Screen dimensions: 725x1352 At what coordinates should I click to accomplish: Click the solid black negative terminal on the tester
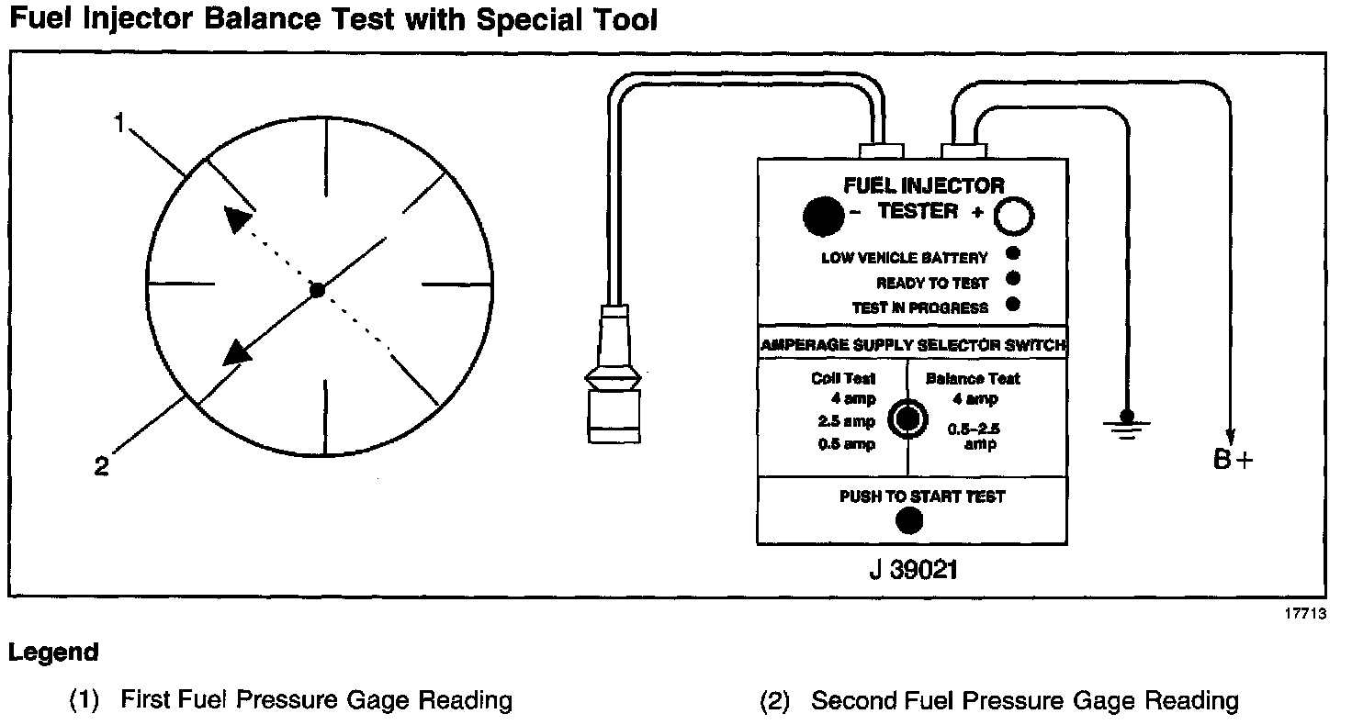pyautogui.click(x=822, y=216)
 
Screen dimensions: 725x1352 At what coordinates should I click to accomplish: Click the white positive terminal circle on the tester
pyautogui.click(x=1016, y=217)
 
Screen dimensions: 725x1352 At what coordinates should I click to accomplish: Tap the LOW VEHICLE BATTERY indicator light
pyautogui.click(x=1012, y=254)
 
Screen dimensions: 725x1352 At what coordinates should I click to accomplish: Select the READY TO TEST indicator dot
pyautogui.click(x=1012, y=279)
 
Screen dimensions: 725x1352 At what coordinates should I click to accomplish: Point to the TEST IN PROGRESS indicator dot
pyautogui.click(x=1012, y=305)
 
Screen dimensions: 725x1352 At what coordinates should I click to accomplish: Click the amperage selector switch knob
pyautogui.click(x=907, y=418)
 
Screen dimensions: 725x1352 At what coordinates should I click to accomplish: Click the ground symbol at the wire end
pyautogui.click(x=1127, y=424)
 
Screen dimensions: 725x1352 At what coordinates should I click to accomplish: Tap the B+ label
pyautogui.click(x=1233, y=461)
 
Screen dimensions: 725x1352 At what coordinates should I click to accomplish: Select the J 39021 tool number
pyautogui.click(x=913, y=570)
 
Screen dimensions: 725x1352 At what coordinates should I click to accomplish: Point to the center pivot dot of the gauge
pyautogui.click(x=317, y=290)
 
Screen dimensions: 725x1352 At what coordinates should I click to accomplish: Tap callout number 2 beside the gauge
pyautogui.click(x=101, y=466)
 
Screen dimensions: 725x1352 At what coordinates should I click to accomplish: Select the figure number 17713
pyautogui.click(x=1305, y=616)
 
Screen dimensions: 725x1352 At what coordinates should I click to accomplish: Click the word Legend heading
pyautogui.click(x=53, y=652)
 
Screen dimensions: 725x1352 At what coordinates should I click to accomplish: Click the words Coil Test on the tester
pyautogui.click(x=843, y=378)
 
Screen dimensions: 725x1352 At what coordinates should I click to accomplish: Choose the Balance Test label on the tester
pyautogui.click(x=973, y=378)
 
